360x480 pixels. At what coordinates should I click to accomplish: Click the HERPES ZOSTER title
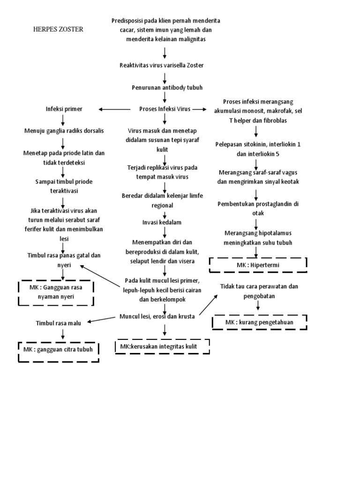pyautogui.click(x=59, y=29)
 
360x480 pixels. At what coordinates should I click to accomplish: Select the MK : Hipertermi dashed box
pyautogui.click(x=258, y=265)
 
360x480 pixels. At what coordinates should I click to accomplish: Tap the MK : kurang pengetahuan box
pyautogui.click(x=259, y=322)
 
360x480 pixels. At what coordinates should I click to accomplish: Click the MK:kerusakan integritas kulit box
pyautogui.click(x=162, y=346)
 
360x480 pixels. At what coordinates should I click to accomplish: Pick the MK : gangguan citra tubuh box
pyautogui.click(x=59, y=350)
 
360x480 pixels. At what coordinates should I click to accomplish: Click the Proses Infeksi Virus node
pyautogui.click(x=165, y=109)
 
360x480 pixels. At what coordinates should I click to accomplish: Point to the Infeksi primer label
pyautogui.click(x=64, y=109)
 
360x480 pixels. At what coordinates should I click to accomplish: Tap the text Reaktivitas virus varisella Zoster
pyautogui.click(x=161, y=65)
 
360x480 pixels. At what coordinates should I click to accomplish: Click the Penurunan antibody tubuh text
pyautogui.click(x=165, y=87)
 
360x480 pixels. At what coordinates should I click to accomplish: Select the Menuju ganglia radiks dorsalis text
pyautogui.click(x=64, y=130)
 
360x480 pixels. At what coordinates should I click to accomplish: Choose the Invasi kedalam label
pyautogui.click(x=162, y=222)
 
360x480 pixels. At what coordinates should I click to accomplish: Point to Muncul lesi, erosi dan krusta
pyautogui.click(x=157, y=316)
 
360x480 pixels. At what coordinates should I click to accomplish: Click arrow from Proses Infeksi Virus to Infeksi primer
pyautogui.click(x=114, y=109)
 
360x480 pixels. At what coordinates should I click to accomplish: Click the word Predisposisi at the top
pyautogui.click(x=127, y=21)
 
